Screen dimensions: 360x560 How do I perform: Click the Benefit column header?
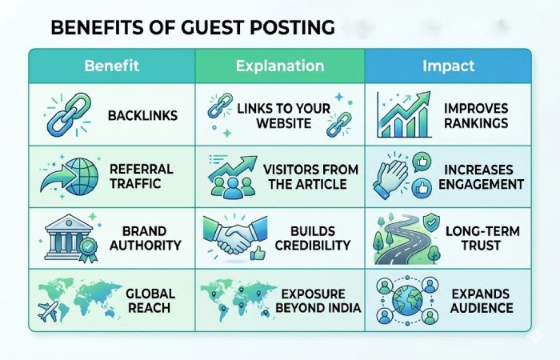click(x=111, y=66)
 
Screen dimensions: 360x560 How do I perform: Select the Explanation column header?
click(x=280, y=66)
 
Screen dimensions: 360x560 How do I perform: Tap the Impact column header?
click(x=447, y=66)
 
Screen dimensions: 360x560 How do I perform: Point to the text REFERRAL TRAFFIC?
click(x=142, y=175)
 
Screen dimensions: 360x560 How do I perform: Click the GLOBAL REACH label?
click(x=150, y=300)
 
